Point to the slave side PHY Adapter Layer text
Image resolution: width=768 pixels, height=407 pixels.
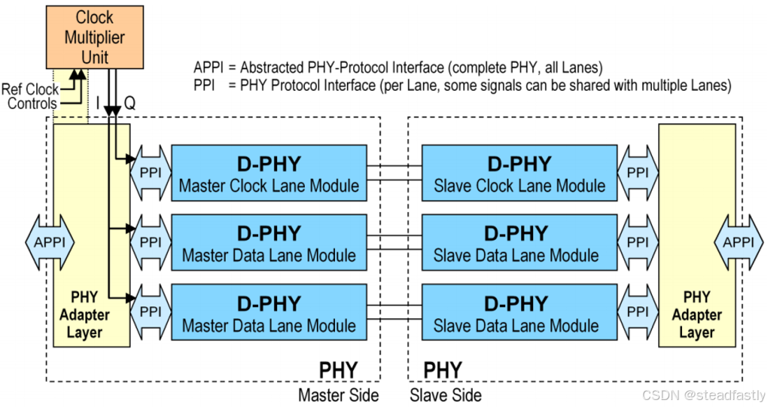point(697,315)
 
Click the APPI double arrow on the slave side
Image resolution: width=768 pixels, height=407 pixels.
point(739,242)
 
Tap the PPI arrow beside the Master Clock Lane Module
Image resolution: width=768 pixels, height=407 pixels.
point(150,172)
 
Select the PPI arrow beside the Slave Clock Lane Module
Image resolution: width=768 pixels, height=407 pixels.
point(637,172)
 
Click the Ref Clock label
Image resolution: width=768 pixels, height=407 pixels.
point(29,90)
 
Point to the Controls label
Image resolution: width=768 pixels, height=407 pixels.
point(32,103)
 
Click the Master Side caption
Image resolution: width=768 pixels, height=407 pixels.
point(339,395)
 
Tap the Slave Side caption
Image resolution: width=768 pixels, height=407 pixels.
point(446,395)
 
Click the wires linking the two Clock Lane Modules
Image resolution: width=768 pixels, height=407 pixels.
point(394,173)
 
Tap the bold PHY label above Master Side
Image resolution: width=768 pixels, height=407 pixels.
point(339,370)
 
